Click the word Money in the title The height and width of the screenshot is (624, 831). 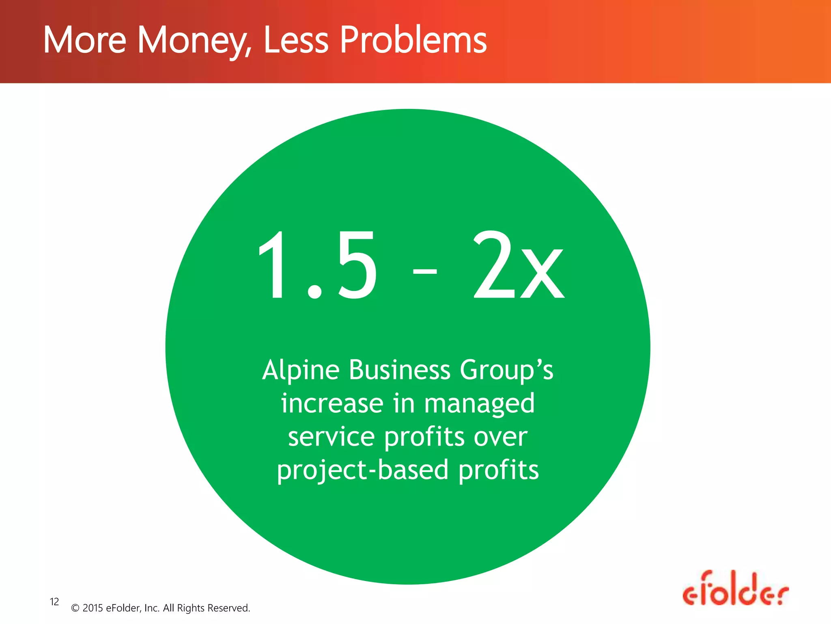click(x=194, y=41)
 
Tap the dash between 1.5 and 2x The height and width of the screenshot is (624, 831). click(x=425, y=271)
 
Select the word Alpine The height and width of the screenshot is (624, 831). click(x=301, y=370)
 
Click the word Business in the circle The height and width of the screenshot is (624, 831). click(x=399, y=370)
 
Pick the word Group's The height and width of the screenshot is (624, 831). click(x=506, y=370)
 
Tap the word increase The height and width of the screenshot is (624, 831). click(x=332, y=403)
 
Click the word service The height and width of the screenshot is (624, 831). click(x=331, y=437)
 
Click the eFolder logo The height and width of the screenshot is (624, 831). click(x=735, y=589)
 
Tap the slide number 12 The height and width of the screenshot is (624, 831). click(x=54, y=602)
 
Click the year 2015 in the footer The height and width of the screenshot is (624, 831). click(x=93, y=608)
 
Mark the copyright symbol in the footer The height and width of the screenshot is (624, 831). click(x=75, y=608)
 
